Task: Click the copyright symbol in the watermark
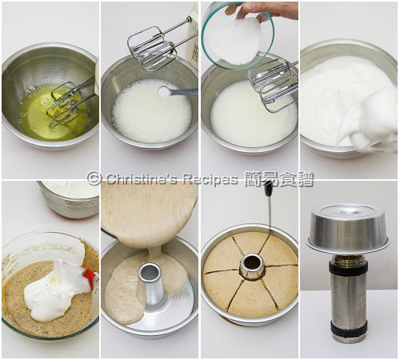[94, 178]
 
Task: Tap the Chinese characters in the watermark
[279, 178]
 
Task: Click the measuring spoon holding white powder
[177, 92]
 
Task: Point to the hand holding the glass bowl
[262, 10]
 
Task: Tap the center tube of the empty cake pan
[150, 286]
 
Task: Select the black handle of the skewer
[268, 189]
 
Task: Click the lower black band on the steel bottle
[349, 330]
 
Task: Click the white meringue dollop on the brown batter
[50, 294]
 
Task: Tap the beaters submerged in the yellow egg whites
[70, 102]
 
